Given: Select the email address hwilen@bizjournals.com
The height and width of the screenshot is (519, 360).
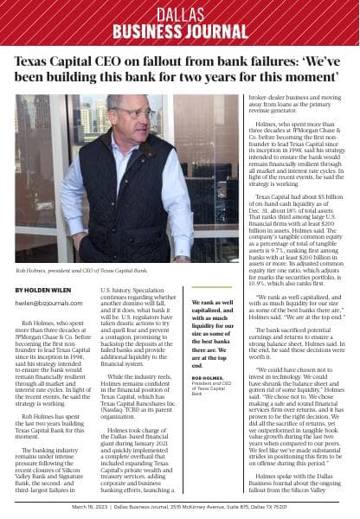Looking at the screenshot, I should (48, 303).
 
